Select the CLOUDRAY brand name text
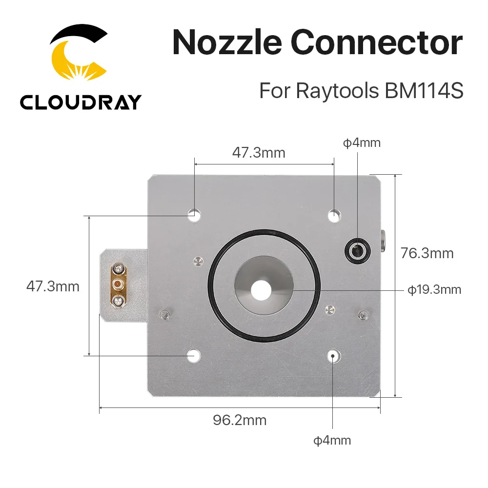click(81, 102)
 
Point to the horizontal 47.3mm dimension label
click(258, 153)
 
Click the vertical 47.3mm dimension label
click(53, 286)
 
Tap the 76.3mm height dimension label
click(427, 253)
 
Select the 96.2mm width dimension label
click(240, 420)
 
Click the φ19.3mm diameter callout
click(434, 290)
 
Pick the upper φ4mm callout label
click(361, 143)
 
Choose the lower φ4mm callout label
click(332, 440)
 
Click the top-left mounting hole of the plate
click(194, 214)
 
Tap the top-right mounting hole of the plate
click(334, 214)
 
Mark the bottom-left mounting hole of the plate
click(194, 356)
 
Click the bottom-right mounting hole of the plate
click(333, 356)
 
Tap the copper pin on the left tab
click(118, 284)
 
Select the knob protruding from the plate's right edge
click(384, 239)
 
